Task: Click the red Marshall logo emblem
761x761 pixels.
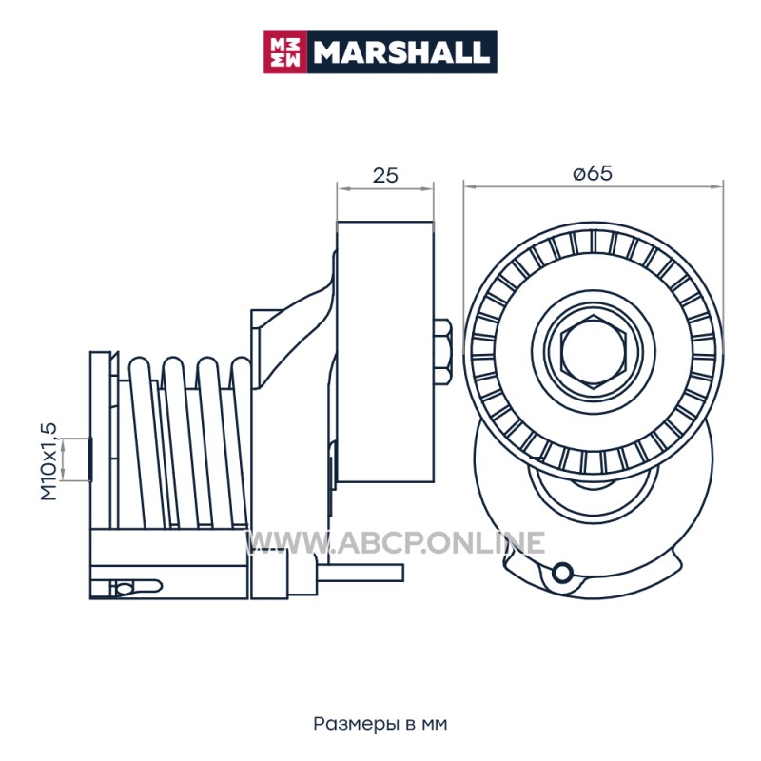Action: pos(285,52)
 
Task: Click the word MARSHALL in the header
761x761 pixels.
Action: pos(401,52)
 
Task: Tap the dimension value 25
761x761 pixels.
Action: pos(385,175)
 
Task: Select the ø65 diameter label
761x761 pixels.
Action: pos(593,173)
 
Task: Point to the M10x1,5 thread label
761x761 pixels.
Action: pos(49,461)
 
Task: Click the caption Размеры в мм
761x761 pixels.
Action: pos(380,724)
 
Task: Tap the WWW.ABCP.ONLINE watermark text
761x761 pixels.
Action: pos(396,542)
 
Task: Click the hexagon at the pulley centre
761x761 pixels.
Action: pos(593,351)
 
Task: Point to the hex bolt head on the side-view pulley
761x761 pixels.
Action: pos(442,352)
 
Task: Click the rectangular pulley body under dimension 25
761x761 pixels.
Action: pos(385,352)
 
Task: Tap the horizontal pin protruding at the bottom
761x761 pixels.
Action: pos(360,573)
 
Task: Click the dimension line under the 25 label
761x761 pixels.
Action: pos(385,188)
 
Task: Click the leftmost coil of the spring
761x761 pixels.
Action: pos(142,441)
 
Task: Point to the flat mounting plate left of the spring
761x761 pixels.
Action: pos(100,439)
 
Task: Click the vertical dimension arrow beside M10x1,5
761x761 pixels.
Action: pos(63,459)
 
